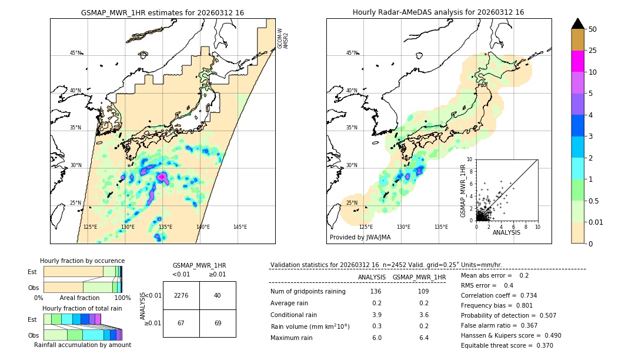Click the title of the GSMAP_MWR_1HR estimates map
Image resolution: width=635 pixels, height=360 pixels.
coord(162,12)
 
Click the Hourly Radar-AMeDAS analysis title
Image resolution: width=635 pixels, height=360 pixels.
coord(438,12)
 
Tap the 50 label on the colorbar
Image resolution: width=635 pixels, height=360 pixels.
coord(593,29)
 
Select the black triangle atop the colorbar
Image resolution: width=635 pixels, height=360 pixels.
coord(578,24)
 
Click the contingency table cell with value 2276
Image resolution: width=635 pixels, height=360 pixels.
coord(181,295)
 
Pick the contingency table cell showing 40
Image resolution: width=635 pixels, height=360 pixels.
coord(218,295)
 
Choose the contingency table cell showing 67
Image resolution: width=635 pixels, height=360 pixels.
coord(181,324)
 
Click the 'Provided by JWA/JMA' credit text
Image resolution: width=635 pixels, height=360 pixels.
coord(360,237)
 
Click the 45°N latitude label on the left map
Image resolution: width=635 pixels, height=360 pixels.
coord(75,53)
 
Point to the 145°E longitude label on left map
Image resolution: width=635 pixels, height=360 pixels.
coord(240,227)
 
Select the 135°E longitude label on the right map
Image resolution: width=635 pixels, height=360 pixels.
coord(441,227)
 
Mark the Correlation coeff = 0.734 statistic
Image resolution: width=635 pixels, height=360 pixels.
coord(499,295)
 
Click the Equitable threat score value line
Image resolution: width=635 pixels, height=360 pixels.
coord(506,345)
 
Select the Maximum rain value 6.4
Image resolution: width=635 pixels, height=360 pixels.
coord(423,338)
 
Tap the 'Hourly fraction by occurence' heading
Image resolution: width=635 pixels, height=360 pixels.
coord(82,261)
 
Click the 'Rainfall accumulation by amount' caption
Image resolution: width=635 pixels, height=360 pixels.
coord(82,345)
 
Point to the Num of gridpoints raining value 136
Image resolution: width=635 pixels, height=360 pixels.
coord(376,292)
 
